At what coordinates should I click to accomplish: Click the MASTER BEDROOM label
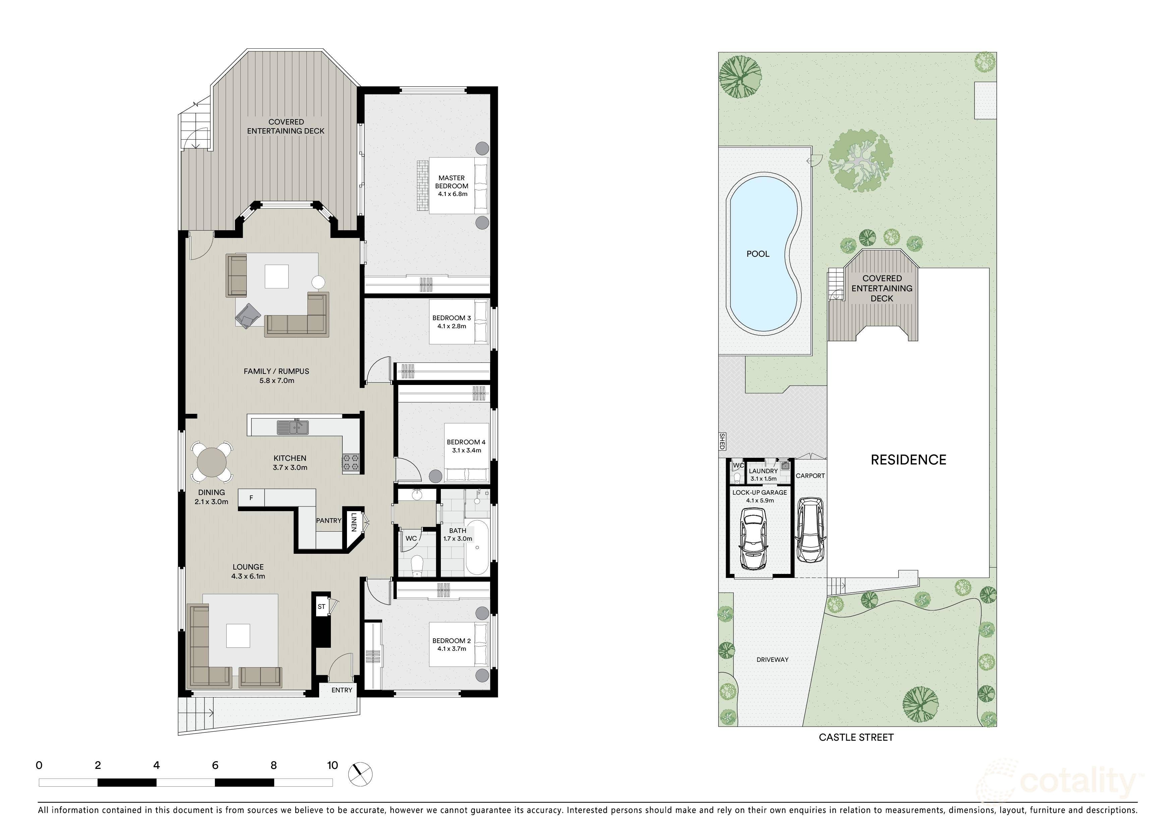click(452, 186)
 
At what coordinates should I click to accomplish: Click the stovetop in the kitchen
click(351, 463)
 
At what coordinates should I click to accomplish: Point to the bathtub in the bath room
click(477, 547)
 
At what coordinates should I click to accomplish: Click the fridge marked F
click(251, 497)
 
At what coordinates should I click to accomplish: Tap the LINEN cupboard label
click(353, 522)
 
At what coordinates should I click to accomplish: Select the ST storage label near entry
click(321, 606)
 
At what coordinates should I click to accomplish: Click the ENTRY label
click(342, 690)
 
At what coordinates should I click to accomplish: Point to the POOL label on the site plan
click(758, 254)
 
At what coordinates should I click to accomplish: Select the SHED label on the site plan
click(722, 441)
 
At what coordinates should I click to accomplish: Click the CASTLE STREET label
click(856, 737)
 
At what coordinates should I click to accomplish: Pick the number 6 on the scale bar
click(215, 765)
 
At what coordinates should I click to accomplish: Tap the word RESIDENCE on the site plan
click(908, 460)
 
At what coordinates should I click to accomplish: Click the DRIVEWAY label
click(772, 660)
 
